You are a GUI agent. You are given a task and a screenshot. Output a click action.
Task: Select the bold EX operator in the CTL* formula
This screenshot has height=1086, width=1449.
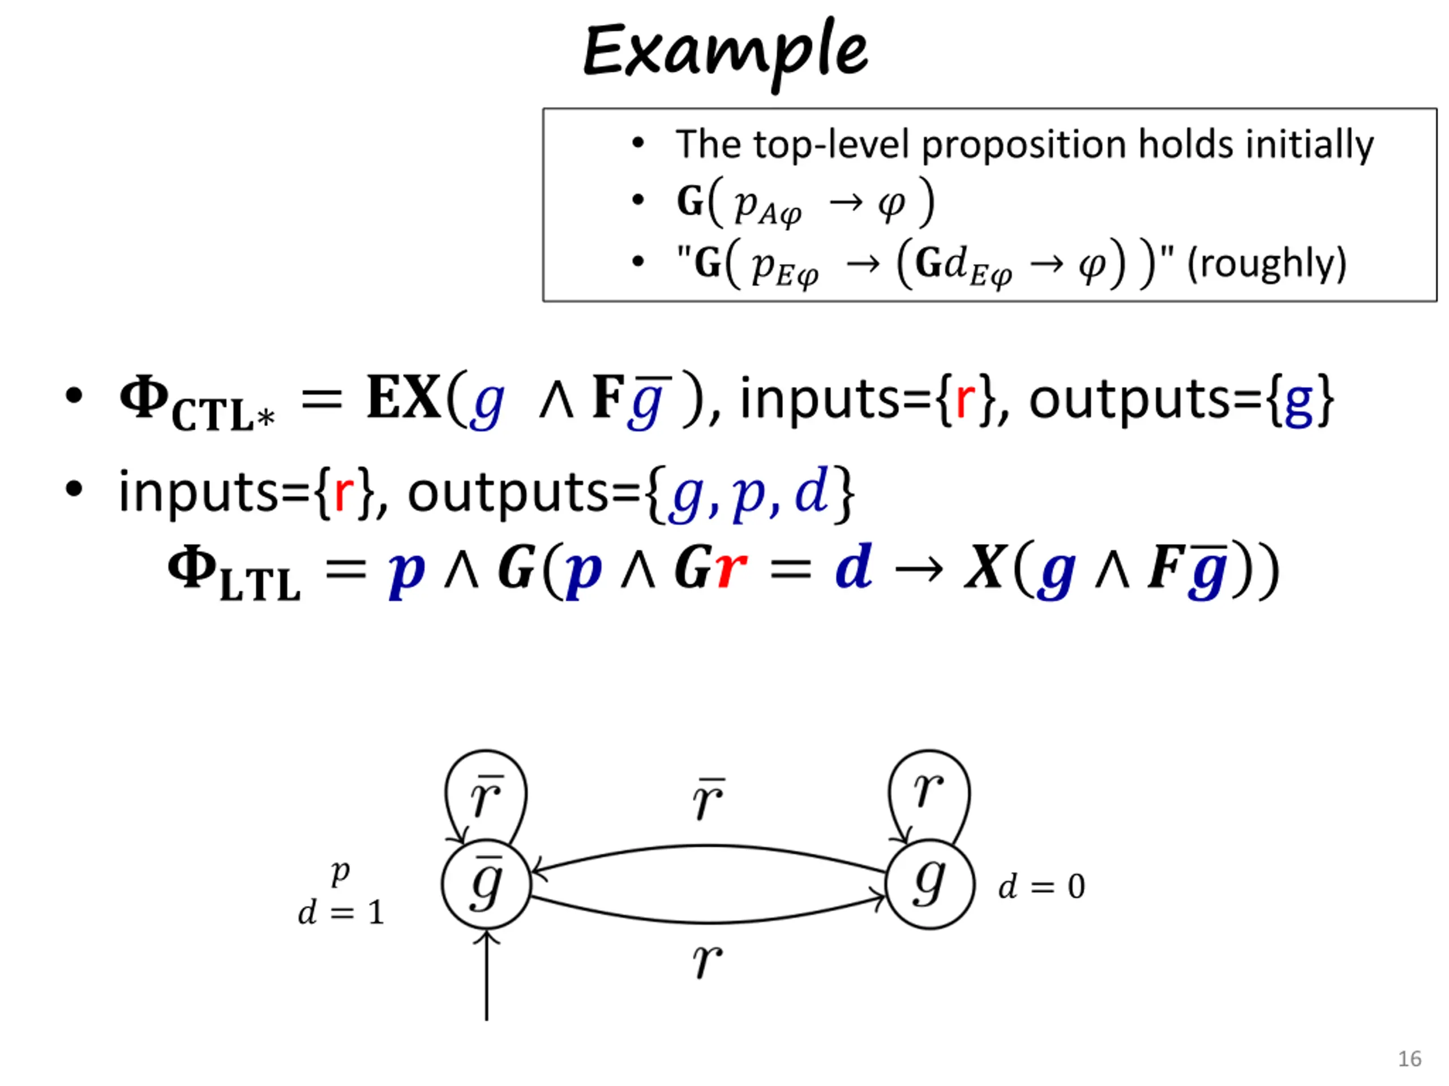pyautogui.click(x=403, y=397)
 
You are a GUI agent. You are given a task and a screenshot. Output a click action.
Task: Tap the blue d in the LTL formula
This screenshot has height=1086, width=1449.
pyautogui.click(x=853, y=566)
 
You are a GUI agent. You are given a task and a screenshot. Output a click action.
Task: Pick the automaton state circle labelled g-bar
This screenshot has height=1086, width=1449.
pyautogui.click(x=486, y=884)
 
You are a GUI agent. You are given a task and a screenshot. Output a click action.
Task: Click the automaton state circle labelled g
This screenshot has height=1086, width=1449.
pyautogui.click(x=929, y=884)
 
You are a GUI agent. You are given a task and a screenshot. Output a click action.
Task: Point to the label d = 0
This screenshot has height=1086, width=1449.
pyautogui.click(x=1041, y=887)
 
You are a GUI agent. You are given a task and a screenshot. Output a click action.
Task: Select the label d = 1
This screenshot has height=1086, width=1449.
pyautogui.click(x=341, y=912)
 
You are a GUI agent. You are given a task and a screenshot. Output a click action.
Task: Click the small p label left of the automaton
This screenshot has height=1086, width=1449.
pyautogui.click(x=341, y=872)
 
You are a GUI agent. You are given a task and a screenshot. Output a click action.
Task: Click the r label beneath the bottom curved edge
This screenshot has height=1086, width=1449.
pyautogui.click(x=708, y=960)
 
